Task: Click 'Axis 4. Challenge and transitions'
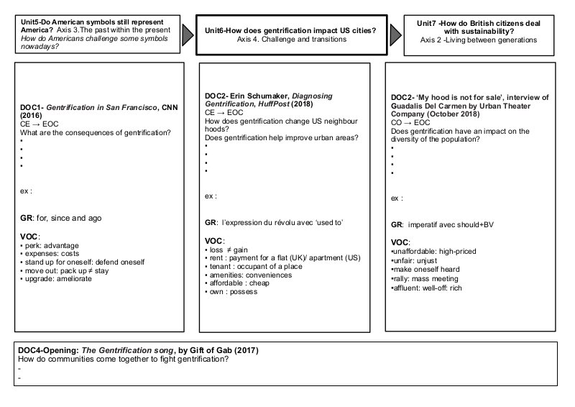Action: [x=291, y=40]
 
